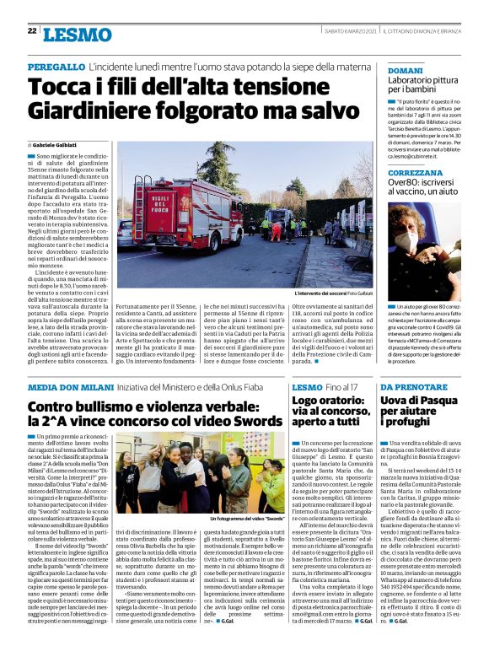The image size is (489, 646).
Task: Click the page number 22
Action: [x=31, y=32]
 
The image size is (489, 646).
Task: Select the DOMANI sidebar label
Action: [x=405, y=70]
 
